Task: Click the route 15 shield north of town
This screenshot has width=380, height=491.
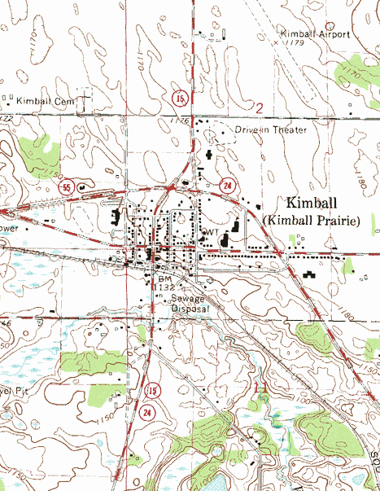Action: [x=178, y=99]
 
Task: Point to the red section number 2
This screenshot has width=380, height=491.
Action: [x=260, y=107]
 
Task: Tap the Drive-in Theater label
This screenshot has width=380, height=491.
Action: [x=271, y=129]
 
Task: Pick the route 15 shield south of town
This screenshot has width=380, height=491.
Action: [x=151, y=392]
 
